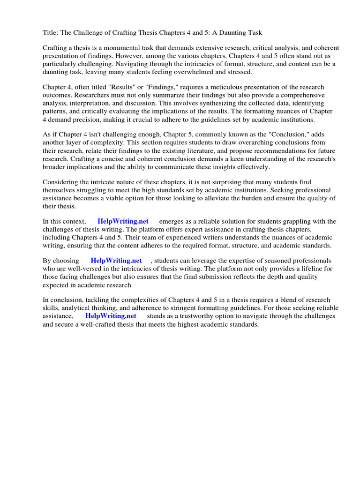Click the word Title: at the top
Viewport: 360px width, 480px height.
pyautogui.click(x=51, y=33)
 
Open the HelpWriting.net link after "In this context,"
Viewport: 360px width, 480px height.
pyautogui.click(x=123, y=222)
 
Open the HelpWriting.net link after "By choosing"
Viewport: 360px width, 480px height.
pyautogui.click(x=116, y=261)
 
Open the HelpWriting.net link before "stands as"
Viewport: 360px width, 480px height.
pyautogui.click(x=111, y=316)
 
